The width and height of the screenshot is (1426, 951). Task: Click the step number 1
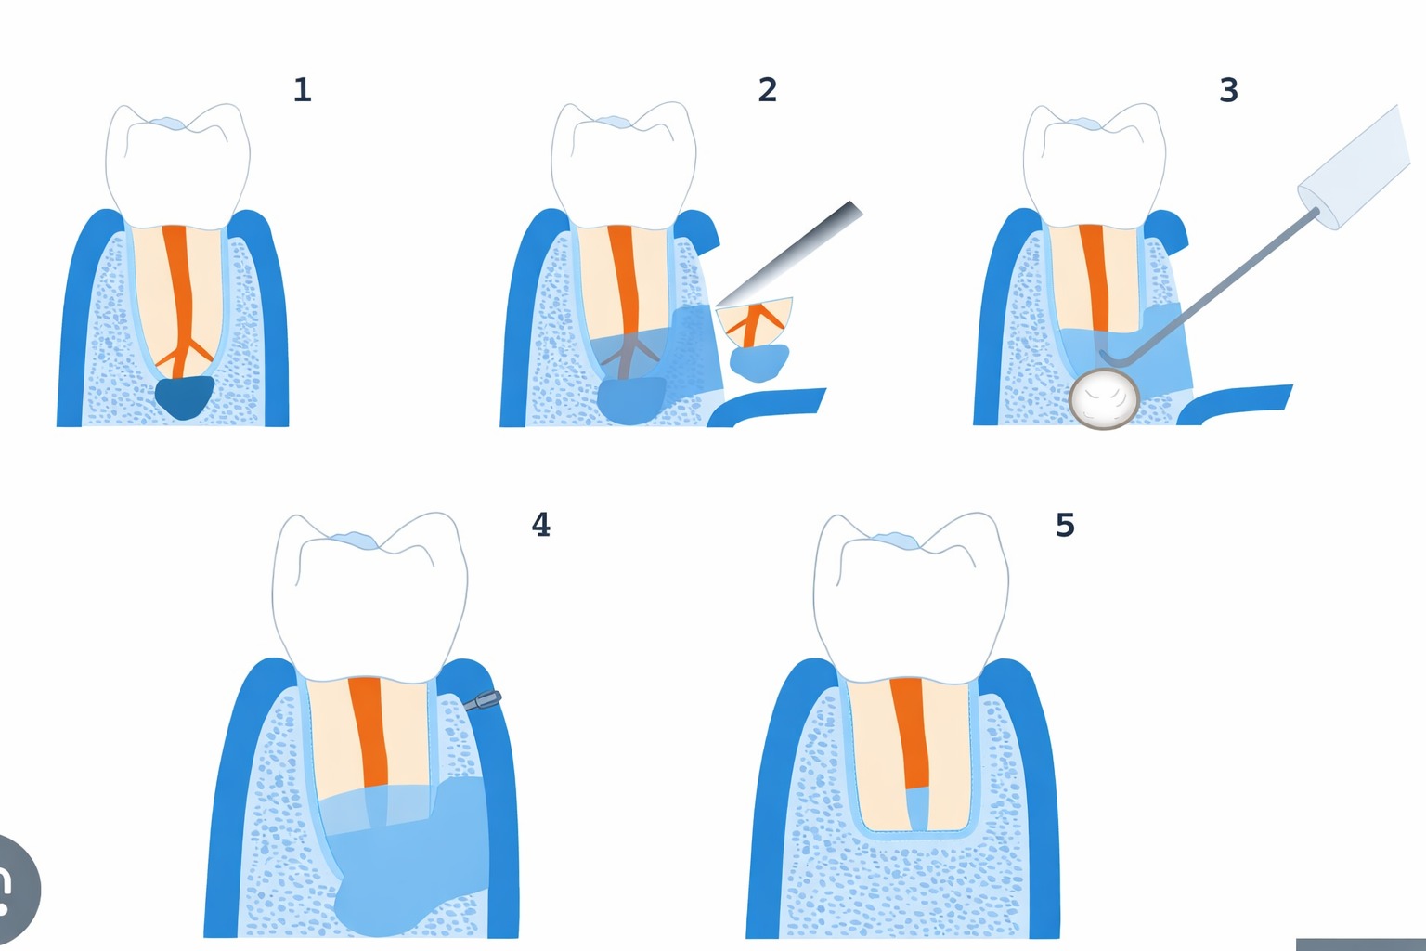tap(303, 90)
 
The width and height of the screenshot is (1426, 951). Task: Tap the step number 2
tap(767, 90)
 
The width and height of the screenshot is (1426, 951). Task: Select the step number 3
tap(1228, 90)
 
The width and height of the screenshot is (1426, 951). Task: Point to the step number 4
tap(540, 525)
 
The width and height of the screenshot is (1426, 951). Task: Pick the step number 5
tap(1065, 525)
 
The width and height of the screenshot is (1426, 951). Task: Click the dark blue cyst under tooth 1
tap(185, 397)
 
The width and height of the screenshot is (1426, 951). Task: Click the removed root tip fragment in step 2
tap(755, 322)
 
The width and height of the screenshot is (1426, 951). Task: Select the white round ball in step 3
tap(1103, 399)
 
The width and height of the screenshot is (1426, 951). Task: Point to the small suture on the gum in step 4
tap(483, 700)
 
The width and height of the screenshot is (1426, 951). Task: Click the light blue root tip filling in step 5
tap(916, 808)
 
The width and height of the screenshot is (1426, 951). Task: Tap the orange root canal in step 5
tap(909, 733)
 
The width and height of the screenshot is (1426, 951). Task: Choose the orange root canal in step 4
tap(369, 731)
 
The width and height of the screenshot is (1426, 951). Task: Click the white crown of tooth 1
tap(177, 163)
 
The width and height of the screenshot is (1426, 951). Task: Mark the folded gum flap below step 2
tap(766, 407)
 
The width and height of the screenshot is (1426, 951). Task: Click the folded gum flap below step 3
tap(1234, 404)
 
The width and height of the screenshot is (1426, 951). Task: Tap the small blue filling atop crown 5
tap(896, 541)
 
